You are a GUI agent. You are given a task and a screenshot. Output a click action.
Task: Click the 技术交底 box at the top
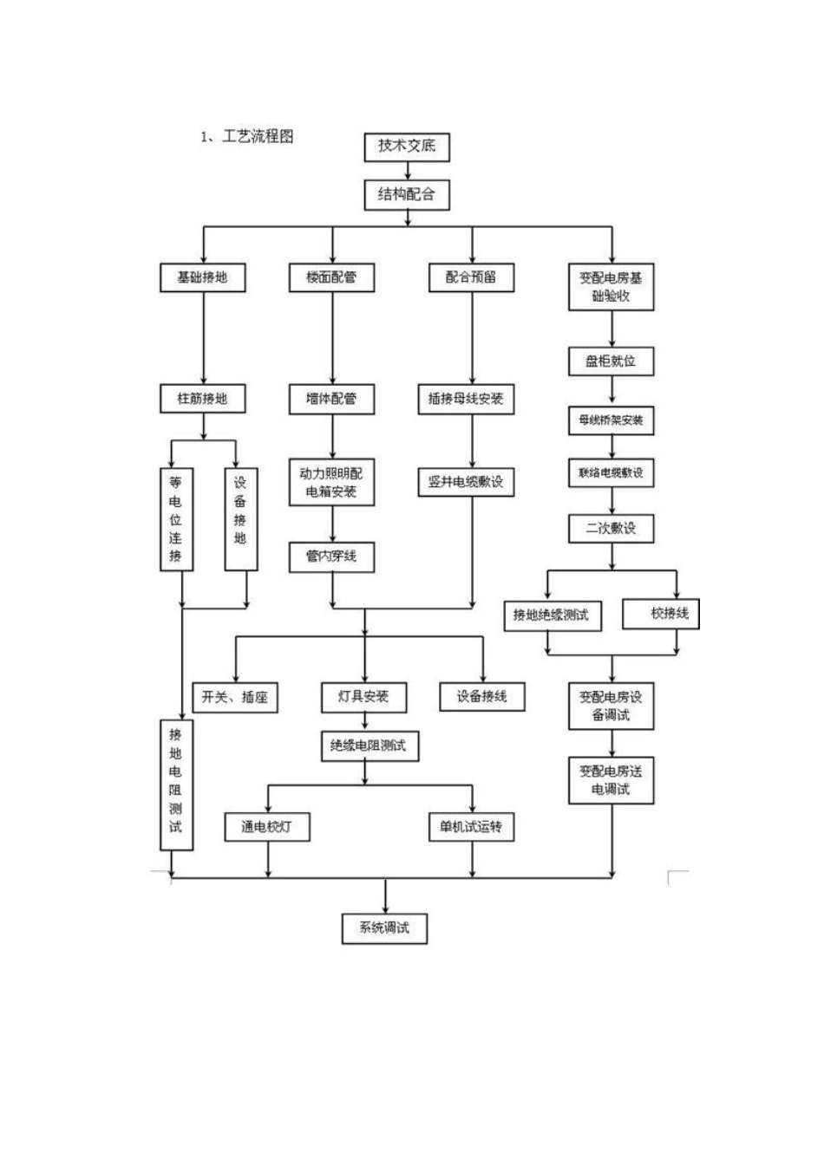[407, 146]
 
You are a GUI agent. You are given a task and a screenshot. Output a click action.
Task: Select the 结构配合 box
[407, 194]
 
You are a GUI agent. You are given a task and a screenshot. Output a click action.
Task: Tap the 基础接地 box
[202, 277]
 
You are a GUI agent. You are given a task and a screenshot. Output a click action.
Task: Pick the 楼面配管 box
[331, 277]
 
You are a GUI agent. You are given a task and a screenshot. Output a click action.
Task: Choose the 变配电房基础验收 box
[611, 287]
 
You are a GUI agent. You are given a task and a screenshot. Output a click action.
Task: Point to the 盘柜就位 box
[611, 361]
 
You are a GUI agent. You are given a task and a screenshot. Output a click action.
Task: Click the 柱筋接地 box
[202, 399]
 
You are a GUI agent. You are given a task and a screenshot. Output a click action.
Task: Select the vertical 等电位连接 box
[176, 519]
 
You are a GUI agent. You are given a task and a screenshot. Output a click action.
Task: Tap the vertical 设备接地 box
[240, 519]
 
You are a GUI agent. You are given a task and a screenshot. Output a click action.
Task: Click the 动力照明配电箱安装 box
[331, 483]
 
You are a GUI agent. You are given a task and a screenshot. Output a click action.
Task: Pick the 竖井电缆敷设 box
[466, 481]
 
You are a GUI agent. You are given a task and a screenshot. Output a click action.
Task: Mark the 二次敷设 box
[611, 528]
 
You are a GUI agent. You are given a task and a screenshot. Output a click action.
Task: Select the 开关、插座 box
[235, 697]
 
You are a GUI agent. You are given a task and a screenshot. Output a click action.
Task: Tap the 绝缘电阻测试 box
[369, 745]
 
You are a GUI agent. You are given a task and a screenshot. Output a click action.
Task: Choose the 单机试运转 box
[471, 827]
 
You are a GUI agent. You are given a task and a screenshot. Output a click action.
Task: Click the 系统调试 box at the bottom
[384, 927]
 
